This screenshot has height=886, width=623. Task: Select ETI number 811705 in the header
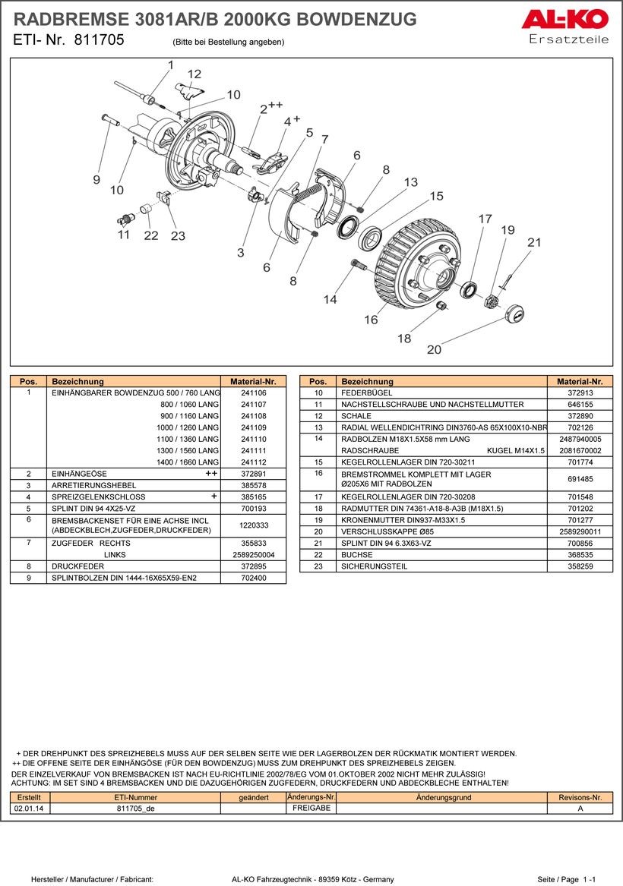(99, 39)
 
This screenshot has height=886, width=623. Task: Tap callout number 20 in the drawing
(434, 349)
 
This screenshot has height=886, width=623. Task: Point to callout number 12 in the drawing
(194, 74)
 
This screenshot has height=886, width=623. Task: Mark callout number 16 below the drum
(371, 320)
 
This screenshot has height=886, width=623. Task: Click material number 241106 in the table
(253, 393)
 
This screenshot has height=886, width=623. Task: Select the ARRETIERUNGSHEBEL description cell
(94, 485)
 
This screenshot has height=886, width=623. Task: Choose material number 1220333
(253, 525)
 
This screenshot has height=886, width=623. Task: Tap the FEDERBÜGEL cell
(366, 393)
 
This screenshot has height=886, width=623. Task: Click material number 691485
(580, 478)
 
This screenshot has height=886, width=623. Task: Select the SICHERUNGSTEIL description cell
(374, 566)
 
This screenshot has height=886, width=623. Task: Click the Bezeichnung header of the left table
(77, 381)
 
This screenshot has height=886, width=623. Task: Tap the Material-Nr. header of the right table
(580, 381)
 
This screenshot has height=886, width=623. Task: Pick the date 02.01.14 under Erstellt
(29, 808)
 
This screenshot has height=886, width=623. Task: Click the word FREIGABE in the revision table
(311, 808)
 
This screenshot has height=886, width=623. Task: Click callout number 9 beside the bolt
(96, 179)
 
